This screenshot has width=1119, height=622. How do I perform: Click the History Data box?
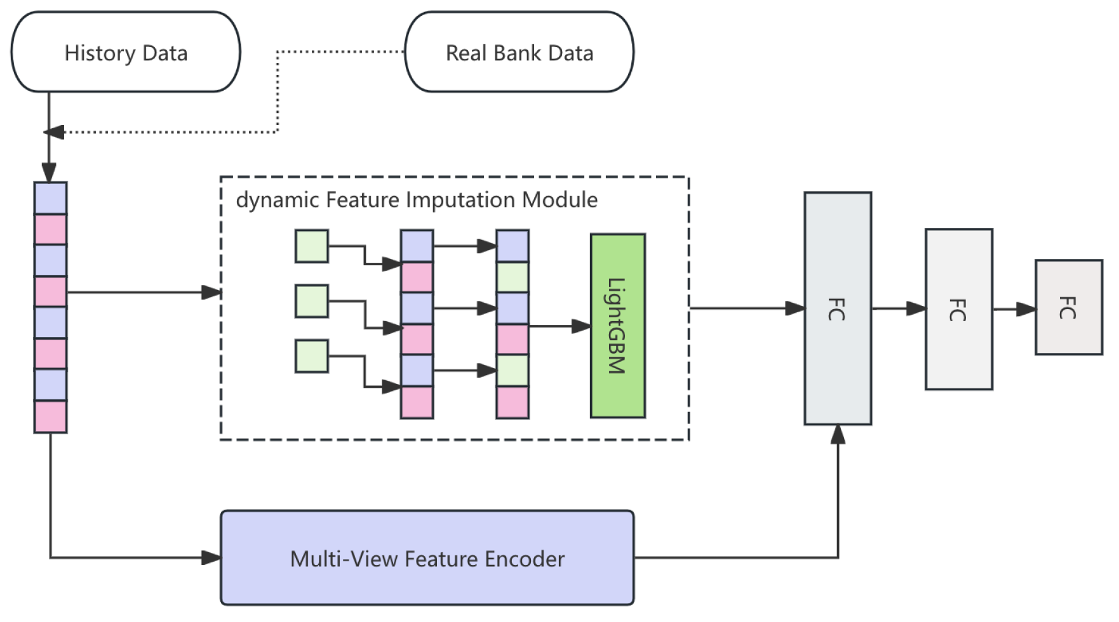pyautogui.click(x=126, y=52)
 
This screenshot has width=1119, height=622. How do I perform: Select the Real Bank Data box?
pyautogui.click(x=519, y=52)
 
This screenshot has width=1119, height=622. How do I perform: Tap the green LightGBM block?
pyautogui.click(x=617, y=326)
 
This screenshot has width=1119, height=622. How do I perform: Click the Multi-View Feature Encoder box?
pyautogui.click(x=427, y=558)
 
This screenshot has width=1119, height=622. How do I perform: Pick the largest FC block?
pyautogui.click(x=837, y=308)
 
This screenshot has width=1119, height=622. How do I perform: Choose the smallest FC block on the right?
pyautogui.click(x=1068, y=307)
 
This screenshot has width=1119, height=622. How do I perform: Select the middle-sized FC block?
pyautogui.click(x=958, y=309)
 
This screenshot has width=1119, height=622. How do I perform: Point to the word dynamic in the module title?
pyautogui.click(x=277, y=200)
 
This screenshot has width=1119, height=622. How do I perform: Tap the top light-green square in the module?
pyautogui.click(x=312, y=246)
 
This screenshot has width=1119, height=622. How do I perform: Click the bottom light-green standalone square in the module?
pyautogui.click(x=312, y=356)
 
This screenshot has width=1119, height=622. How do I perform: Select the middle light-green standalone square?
pyautogui.click(x=312, y=301)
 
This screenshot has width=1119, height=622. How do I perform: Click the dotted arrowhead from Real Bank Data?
pyautogui.click(x=53, y=132)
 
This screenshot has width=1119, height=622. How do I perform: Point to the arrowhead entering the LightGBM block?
pyautogui.click(x=581, y=326)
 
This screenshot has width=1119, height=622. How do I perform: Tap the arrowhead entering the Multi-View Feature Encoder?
pyautogui.click(x=211, y=558)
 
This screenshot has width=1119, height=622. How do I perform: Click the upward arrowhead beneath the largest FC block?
pyautogui.click(x=838, y=435)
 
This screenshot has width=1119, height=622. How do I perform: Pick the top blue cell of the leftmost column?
pyautogui.click(x=50, y=198)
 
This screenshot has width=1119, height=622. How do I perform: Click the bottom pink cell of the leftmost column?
pyautogui.click(x=50, y=416)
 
